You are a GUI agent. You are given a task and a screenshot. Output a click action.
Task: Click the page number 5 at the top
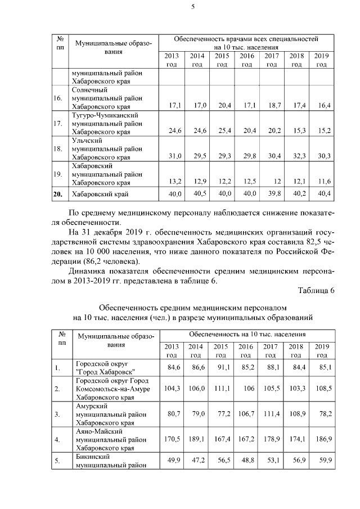click(192, 7)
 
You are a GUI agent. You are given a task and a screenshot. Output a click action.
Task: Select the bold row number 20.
click(57, 195)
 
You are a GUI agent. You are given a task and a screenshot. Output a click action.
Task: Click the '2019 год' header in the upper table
click(321, 60)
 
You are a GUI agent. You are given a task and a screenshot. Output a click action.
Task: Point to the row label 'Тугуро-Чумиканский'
click(104, 115)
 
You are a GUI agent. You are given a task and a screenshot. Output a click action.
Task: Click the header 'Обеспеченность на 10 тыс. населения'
click(247, 334)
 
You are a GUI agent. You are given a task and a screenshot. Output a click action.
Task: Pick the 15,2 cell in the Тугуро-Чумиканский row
click(322, 130)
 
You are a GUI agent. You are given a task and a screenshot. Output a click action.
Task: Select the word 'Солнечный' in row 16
click(90, 90)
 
